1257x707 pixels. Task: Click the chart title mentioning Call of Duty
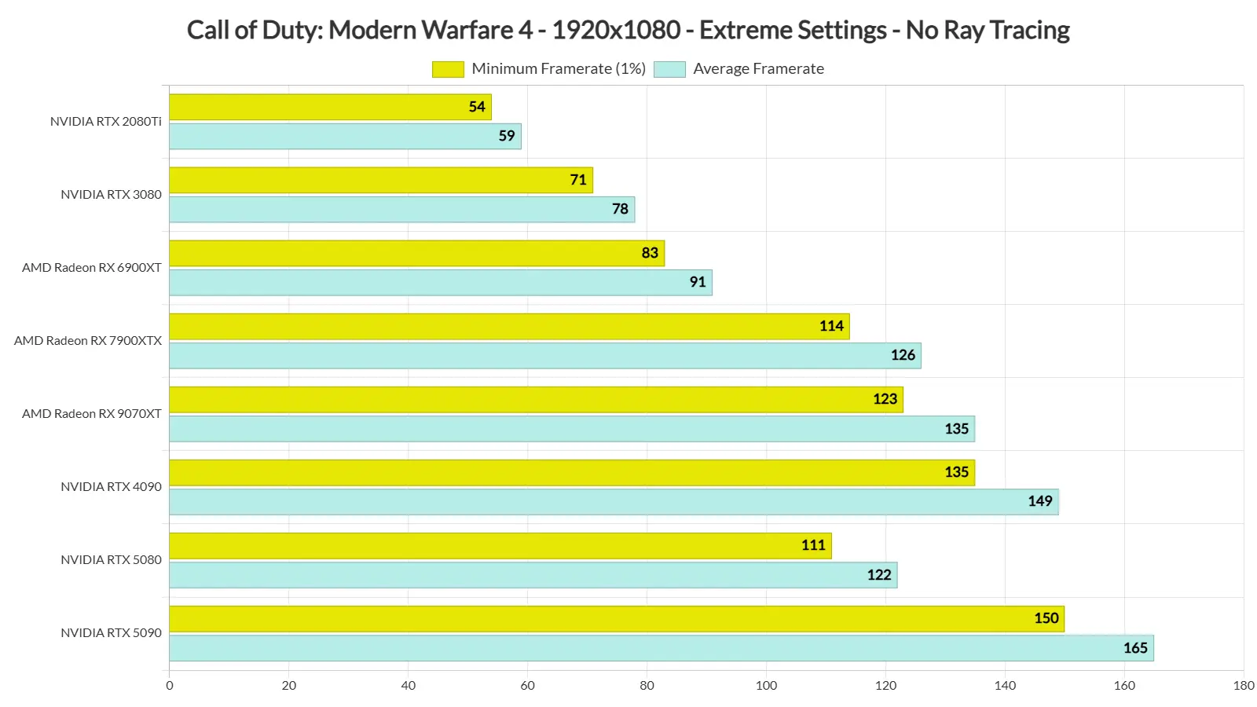(628, 30)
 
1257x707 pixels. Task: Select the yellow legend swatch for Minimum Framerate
(448, 69)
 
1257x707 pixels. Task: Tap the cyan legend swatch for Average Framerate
(669, 69)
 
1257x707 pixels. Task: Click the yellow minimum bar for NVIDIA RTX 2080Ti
(331, 107)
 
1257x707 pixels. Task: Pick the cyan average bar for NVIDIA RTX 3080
(401, 209)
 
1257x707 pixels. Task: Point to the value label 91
(698, 282)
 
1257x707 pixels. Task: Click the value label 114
(831, 326)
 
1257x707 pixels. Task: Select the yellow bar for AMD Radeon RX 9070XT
(537, 400)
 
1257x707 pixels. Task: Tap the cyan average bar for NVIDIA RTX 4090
(614, 502)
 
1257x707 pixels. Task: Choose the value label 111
(813, 545)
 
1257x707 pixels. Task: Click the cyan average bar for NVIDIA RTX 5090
(661, 648)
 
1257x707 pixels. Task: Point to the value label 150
(1046, 618)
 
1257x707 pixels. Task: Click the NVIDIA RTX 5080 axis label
(111, 559)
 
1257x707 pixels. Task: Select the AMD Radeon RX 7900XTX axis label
(87, 341)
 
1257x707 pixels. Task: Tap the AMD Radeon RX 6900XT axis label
(91, 268)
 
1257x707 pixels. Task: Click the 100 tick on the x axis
(766, 686)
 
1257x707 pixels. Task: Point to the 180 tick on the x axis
(1244, 686)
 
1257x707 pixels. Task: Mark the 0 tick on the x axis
(170, 686)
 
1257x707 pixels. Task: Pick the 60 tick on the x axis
(527, 686)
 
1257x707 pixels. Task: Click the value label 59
(507, 136)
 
